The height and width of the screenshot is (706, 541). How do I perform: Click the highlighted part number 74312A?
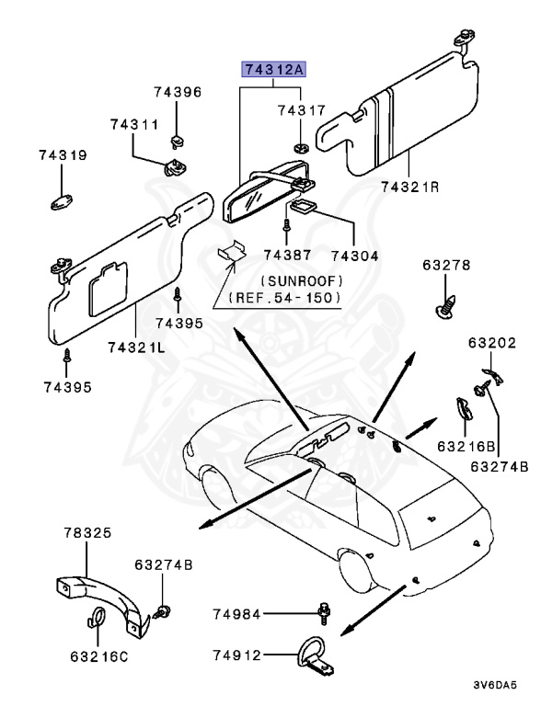pyautogui.click(x=273, y=70)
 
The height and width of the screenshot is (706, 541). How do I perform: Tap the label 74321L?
pyautogui.click(x=135, y=347)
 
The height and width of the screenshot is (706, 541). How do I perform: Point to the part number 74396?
pyautogui.click(x=178, y=92)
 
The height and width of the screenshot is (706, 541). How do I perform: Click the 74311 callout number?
pyautogui.click(x=135, y=124)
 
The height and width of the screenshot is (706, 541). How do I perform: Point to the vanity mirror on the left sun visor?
pyautogui.click(x=108, y=288)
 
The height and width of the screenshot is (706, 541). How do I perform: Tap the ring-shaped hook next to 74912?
pyautogui.click(x=306, y=655)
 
